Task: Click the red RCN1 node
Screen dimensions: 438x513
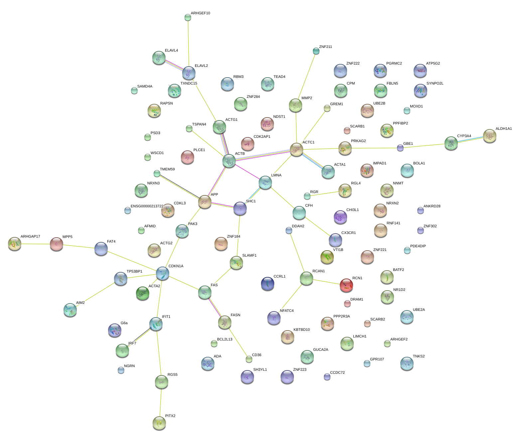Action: click(346, 285)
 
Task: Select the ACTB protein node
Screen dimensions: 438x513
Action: click(229, 161)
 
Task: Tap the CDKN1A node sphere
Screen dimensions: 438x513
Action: click(162, 273)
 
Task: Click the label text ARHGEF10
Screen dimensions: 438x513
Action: click(200, 13)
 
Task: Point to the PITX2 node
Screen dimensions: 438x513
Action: click(159, 423)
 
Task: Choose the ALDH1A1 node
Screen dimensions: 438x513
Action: click(489, 136)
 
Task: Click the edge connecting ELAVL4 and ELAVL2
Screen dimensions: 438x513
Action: click(174, 66)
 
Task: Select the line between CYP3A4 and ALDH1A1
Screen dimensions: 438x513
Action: click(470, 139)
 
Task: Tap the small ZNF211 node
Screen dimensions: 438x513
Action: click(316, 51)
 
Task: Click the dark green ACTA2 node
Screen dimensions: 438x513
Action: click(143, 293)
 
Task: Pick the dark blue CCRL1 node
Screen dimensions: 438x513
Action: click(268, 283)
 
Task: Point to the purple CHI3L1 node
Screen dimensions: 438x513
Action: click(340, 217)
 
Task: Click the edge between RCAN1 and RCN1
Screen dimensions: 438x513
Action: click(326, 282)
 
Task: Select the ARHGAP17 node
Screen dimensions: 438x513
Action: click(14, 244)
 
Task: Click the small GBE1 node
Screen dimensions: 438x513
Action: click(400, 148)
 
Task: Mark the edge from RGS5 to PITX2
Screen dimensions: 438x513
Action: click(161, 402)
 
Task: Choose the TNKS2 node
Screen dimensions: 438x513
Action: click(407, 363)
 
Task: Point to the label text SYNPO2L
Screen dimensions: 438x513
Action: click(435, 84)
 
